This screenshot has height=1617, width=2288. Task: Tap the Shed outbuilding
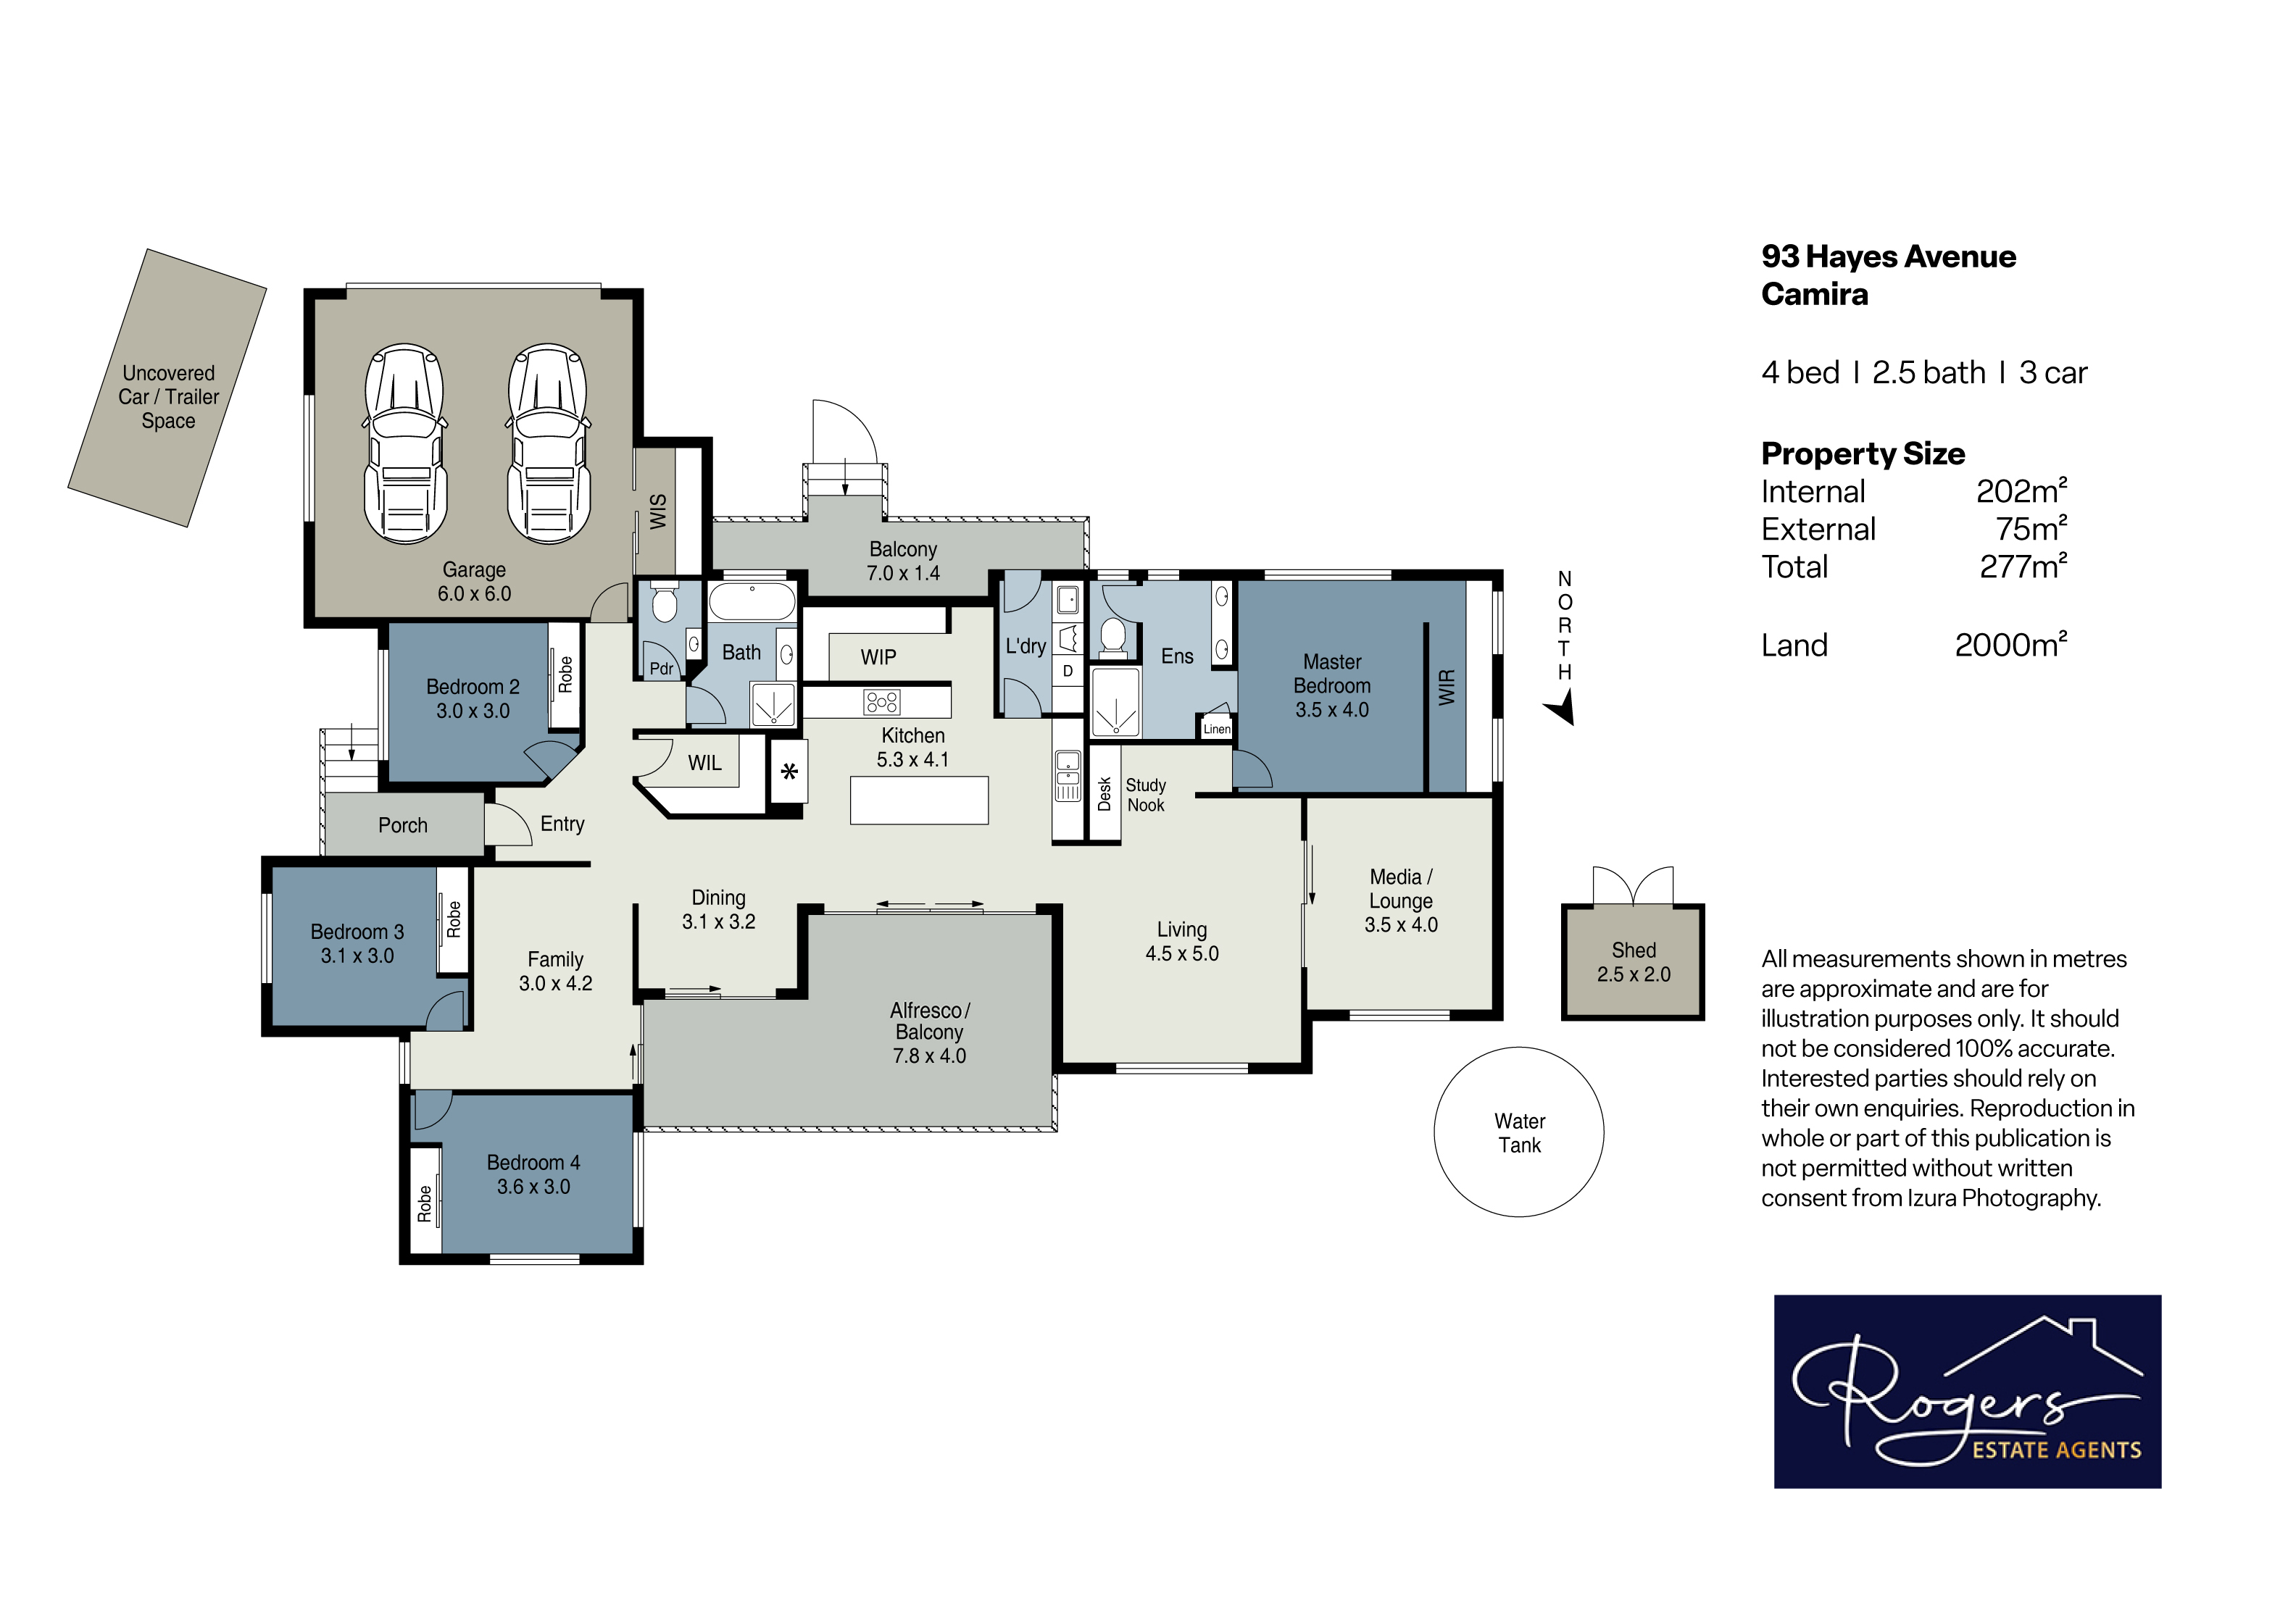[1634, 961]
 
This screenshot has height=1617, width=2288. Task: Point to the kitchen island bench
[919, 800]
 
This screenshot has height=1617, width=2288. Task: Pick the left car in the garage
[404, 444]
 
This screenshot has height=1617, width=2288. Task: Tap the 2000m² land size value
[2011, 645]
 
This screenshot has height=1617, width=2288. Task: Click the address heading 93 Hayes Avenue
[1889, 257]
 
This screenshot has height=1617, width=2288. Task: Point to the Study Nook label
[1146, 795]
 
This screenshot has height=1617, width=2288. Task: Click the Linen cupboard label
[1217, 730]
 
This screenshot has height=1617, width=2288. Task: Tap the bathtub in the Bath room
[752, 602]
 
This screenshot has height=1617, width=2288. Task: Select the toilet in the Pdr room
[665, 603]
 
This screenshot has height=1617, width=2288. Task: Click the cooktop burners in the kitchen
[882, 703]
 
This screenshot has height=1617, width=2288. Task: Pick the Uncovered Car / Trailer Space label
[168, 396]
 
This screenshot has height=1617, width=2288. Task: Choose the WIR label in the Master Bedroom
[1447, 688]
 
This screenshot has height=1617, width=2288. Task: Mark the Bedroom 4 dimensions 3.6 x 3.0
[533, 1187]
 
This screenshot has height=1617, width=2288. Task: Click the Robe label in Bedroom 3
[454, 919]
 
